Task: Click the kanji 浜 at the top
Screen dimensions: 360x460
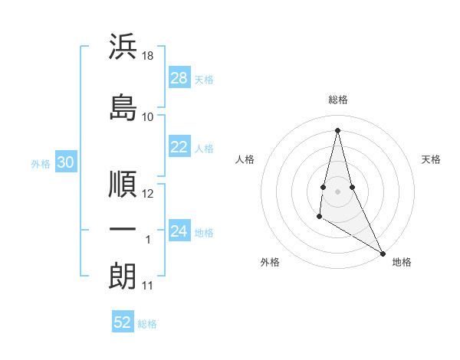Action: (x=123, y=47)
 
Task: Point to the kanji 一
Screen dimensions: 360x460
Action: (x=123, y=230)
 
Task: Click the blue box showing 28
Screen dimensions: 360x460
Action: (x=179, y=79)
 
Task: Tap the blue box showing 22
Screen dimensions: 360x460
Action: (x=179, y=148)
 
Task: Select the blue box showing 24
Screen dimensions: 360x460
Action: (x=179, y=232)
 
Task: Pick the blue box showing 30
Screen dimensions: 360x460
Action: (x=66, y=163)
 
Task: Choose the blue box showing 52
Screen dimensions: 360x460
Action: (x=123, y=323)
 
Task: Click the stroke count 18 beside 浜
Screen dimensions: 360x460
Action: (x=149, y=56)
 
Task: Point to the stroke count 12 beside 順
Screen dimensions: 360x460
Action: (x=149, y=194)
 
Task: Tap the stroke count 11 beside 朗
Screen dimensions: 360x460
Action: (x=148, y=286)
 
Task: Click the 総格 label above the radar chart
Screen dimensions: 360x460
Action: (x=338, y=100)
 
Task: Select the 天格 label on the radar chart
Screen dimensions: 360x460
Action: (x=432, y=159)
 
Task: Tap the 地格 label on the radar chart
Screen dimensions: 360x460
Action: (x=402, y=263)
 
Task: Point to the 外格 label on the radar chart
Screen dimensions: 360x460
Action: (x=270, y=263)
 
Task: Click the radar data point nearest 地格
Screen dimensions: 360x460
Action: (x=383, y=253)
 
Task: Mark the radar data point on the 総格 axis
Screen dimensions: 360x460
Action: (x=338, y=129)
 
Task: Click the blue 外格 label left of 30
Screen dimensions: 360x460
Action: (x=41, y=164)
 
